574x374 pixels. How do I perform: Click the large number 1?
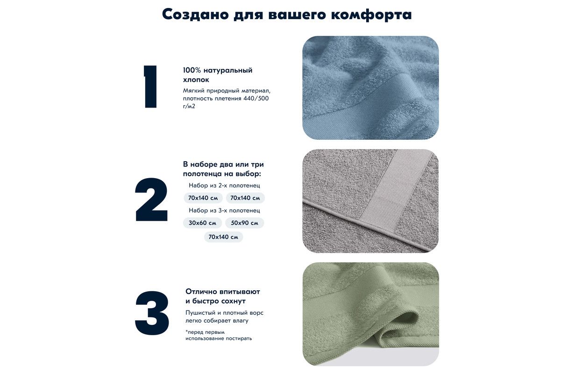coord(150,87)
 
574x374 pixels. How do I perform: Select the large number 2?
coord(151,200)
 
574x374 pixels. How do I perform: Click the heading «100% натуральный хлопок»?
coord(218,75)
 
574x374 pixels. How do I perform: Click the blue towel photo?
coord(370,88)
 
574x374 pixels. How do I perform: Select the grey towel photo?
coord(370,201)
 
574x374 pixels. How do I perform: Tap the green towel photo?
coord(370,314)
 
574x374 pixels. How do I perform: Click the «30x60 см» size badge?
coord(202,223)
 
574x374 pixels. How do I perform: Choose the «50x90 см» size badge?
coord(244,223)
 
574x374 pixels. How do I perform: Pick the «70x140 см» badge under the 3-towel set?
coord(223,237)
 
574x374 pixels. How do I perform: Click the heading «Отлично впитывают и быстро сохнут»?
coord(223,296)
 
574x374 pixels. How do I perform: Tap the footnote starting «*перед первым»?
coord(219,335)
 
